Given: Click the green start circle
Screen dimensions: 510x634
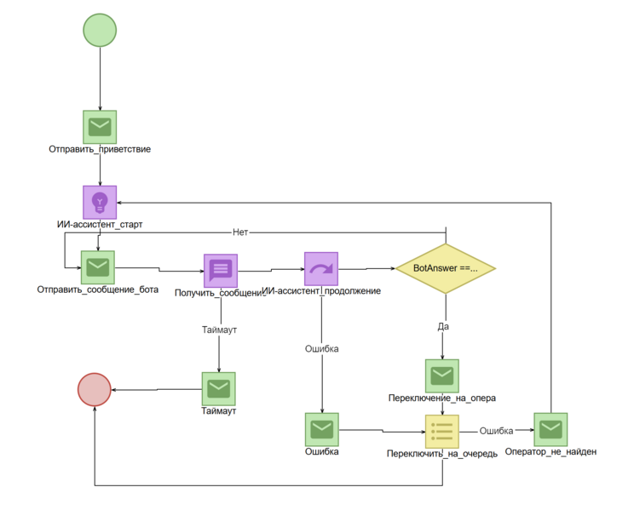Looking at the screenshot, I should click(100, 30).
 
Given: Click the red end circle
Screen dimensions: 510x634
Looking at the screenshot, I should click(95, 390).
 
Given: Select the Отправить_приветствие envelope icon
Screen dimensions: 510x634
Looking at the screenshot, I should click(100, 127).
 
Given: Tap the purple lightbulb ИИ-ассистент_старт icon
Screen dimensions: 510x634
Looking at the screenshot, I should click(100, 203).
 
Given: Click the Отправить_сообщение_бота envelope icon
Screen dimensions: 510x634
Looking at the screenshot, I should click(97, 267).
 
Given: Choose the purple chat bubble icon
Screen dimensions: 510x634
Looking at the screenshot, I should click(220, 271).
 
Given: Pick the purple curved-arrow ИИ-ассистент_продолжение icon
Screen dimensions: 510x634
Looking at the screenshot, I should click(321, 269).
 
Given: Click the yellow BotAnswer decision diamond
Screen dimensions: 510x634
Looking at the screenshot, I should click(445, 268).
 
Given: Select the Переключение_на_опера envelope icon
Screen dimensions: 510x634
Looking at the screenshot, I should click(441, 375).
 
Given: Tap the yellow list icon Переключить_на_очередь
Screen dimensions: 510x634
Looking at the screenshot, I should click(441, 432).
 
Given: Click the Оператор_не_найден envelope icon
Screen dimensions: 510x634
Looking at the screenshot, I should click(550, 429).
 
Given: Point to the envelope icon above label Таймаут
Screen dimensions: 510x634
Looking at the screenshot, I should click(219, 389).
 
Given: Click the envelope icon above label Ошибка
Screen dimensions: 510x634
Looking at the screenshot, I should click(321, 429).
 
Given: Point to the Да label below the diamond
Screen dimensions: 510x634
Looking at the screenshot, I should click(443, 326).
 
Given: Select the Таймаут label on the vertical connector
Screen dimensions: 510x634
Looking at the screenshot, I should click(219, 329).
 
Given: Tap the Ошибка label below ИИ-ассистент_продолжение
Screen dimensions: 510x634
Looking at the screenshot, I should click(321, 348).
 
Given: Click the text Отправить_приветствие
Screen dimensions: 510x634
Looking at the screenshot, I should click(100, 150).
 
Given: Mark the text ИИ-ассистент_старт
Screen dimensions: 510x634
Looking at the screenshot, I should click(100, 225).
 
